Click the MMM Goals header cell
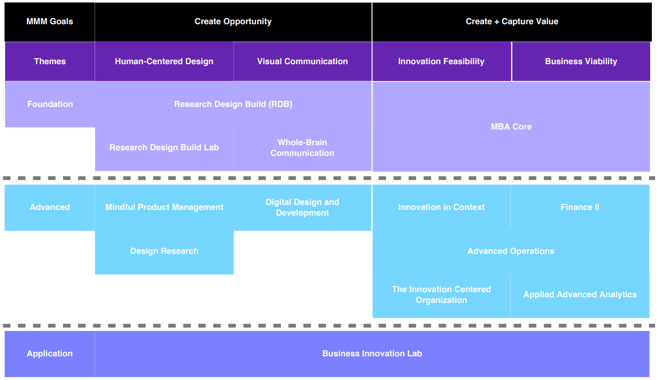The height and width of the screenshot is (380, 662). click(50, 21)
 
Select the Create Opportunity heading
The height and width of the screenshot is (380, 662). click(233, 21)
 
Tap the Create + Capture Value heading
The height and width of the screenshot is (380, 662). click(512, 21)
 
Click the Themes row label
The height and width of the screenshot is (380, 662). click(50, 61)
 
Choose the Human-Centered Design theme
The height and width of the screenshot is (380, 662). click(164, 61)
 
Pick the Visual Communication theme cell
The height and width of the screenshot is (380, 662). click(302, 61)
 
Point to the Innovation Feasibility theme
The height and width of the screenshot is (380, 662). click(441, 61)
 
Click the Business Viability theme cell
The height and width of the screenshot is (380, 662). click(581, 61)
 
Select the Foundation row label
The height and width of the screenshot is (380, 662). click(50, 104)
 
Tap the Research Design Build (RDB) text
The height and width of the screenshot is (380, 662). click(233, 104)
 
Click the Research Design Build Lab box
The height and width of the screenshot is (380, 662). click(164, 147)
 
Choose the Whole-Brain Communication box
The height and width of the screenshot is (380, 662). click(302, 147)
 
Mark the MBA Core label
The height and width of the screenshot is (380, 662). click(511, 127)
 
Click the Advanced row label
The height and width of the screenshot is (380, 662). click(50, 207)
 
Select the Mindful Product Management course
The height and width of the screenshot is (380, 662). click(164, 207)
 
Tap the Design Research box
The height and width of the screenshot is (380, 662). click(164, 251)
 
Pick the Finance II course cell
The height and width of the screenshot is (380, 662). click(580, 207)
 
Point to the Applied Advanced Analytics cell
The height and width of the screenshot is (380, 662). click(580, 294)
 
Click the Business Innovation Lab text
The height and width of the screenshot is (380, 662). click(372, 354)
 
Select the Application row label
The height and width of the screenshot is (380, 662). click(50, 354)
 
